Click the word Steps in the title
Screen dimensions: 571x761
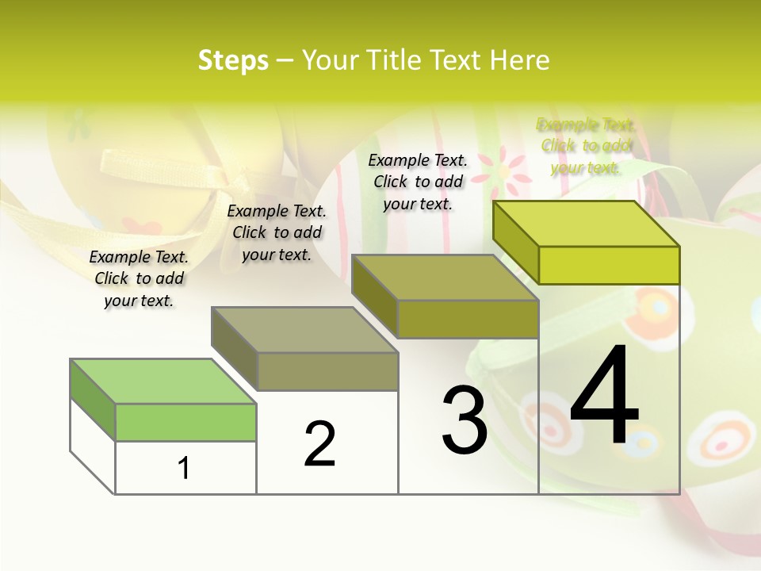(x=233, y=60)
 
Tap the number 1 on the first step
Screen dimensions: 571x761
(x=184, y=468)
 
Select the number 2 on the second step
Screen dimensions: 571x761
(x=319, y=444)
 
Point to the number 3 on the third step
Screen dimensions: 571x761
(x=465, y=420)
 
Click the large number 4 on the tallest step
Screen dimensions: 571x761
(x=604, y=397)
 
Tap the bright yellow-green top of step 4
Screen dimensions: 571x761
(x=586, y=224)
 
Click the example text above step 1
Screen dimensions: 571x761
(x=139, y=278)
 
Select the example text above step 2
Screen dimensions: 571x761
(x=277, y=232)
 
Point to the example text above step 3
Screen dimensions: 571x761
(x=418, y=182)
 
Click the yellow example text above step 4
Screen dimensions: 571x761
(x=586, y=146)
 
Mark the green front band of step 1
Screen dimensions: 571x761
(x=185, y=422)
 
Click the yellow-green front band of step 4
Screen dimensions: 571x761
(x=609, y=265)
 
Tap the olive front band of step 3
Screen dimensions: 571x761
(x=468, y=319)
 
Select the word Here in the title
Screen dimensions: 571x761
(x=519, y=60)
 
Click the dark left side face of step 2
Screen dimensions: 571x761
(x=235, y=349)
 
